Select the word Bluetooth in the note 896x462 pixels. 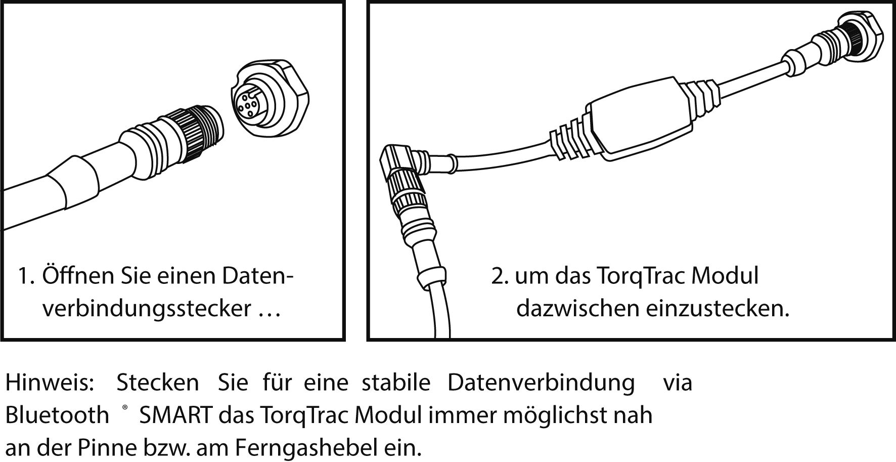[x=57, y=415]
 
